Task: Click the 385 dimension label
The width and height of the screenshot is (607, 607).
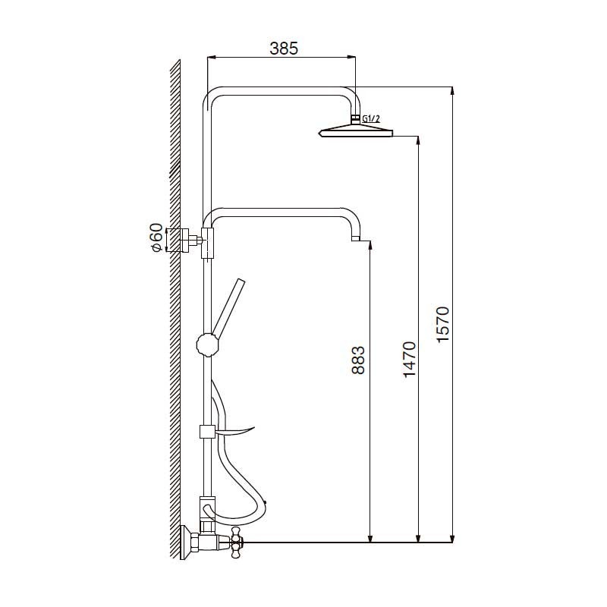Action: [x=284, y=49]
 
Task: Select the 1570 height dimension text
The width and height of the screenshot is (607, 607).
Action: [x=442, y=324]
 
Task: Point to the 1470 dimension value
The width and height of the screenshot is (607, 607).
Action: [x=409, y=359]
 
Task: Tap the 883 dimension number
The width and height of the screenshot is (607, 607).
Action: [x=358, y=360]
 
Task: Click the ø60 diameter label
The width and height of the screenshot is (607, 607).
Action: [x=157, y=237]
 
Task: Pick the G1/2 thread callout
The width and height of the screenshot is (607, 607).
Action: [x=371, y=119]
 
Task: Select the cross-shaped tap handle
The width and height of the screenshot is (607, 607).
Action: [x=235, y=542]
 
